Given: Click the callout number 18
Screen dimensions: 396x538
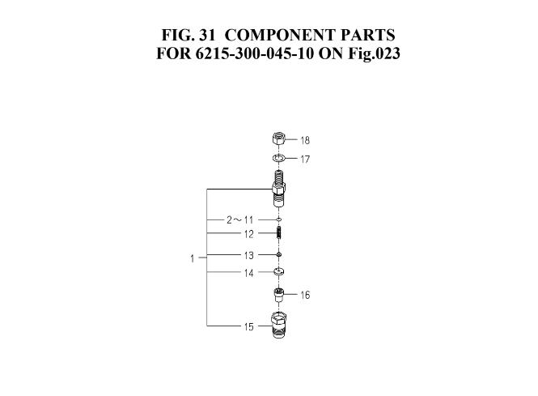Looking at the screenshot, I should [x=305, y=140].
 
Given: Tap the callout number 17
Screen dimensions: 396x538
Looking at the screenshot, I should [x=305, y=160].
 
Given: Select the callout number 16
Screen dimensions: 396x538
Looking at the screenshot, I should [x=305, y=296].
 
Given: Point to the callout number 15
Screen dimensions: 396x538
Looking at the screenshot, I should [x=249, y=327].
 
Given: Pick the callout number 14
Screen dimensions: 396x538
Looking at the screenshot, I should [x=249, y=274].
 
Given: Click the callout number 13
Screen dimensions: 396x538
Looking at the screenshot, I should [x=249, y=255].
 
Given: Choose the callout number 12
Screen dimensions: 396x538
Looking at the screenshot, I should [x=249, y=234].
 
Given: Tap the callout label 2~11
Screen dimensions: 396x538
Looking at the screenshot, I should [x=239, y=219].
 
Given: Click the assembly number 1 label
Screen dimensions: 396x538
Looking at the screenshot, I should [x=193, y=258].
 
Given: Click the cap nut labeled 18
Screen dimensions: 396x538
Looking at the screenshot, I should [x=277, y=139].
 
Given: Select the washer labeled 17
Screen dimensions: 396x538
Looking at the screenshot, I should [x=277, y=158].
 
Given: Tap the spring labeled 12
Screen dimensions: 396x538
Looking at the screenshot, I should [x=277, y=233].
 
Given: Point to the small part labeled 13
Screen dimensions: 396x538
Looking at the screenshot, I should [x=277, y=255].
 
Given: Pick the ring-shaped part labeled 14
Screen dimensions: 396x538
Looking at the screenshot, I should [x=277, y=271].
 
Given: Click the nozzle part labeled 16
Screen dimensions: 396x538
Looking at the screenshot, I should [x=277, y=295].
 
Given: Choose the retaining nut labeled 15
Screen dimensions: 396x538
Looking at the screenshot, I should [x=277, y=327].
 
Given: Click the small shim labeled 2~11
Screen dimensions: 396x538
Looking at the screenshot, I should [x=277, y=219].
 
